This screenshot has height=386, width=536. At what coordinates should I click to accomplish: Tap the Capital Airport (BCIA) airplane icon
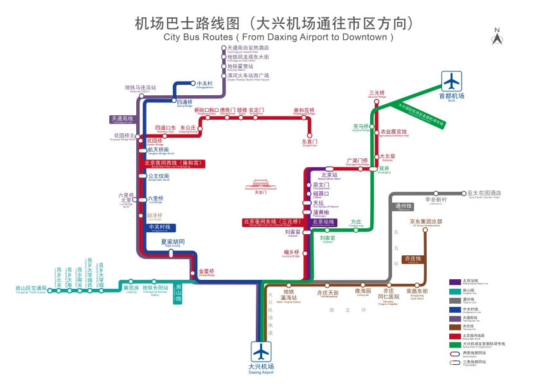coord(452,82)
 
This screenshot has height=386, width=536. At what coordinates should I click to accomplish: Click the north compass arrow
coord(497,38)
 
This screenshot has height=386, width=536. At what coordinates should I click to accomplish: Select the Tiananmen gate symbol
coord(260,186)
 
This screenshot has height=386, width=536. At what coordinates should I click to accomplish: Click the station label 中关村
coord(204,83)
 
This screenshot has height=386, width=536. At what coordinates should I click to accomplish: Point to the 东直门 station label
coord(310,141)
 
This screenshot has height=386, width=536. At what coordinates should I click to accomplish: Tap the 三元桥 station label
coord(377,93)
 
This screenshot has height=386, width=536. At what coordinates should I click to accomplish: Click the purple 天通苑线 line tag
coord(122,119)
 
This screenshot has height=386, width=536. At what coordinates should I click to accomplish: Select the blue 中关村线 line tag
coord(159,227)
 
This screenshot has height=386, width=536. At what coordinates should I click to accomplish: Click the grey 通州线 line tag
coord(403,207)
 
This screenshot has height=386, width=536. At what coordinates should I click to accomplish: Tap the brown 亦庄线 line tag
coord(412,259)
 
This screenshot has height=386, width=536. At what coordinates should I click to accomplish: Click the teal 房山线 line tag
coord(179,293)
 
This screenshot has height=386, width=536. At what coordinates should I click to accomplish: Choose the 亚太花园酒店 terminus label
coord(484,193)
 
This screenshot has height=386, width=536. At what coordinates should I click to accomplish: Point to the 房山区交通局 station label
coord(31,288)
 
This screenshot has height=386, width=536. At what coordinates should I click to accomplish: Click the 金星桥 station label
coord(206,271)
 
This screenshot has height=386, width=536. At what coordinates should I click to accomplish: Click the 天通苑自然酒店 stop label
coord(248,48)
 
